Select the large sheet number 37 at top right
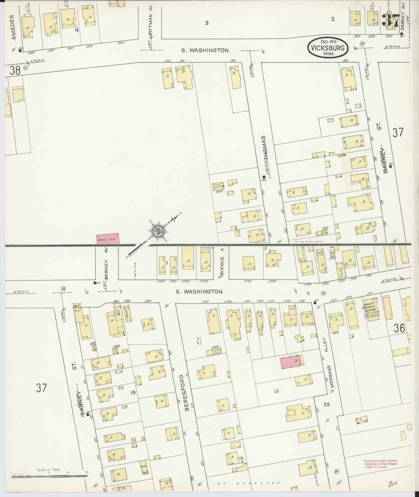click(x=390, y=19)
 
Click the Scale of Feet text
click(x=48, y=470)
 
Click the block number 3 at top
click(x=207, y=23)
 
